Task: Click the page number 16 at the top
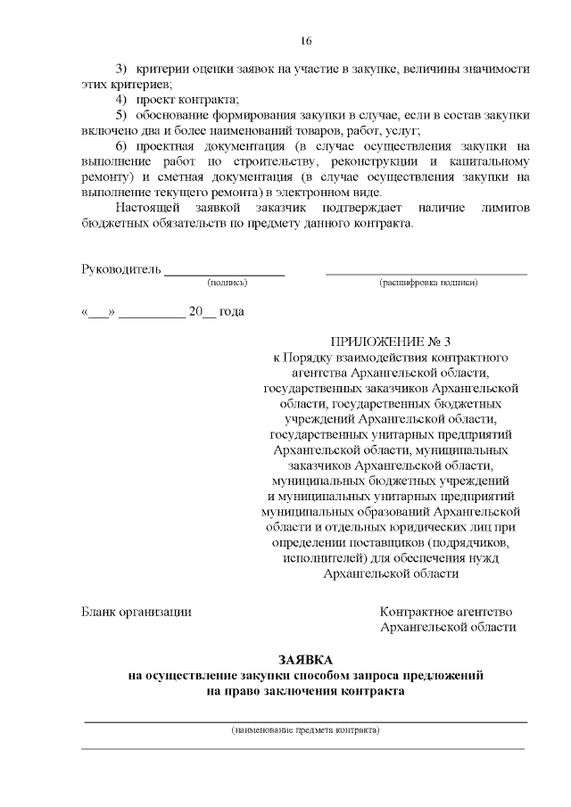(x=306, y=41)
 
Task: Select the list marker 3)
(x=122, y=69)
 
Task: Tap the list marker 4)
(x=122, y=99)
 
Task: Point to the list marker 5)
(x=122, y=115)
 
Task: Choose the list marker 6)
(x=122, y=146)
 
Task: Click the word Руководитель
(x=121, y=268)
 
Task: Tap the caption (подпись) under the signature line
(x=228, y=283)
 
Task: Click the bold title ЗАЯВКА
(x=306, y=659)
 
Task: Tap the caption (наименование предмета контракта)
(x=305, y=730)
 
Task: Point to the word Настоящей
(x=145, y=208)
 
